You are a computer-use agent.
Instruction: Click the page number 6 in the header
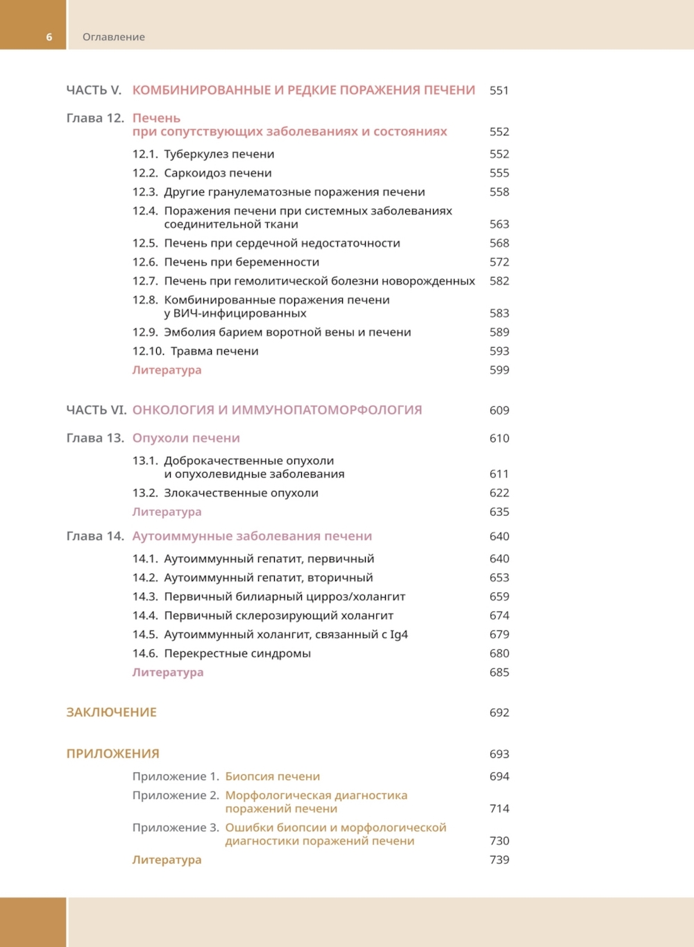pyautogui.click(x=49, y=37)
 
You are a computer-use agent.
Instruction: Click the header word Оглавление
pyautogui.click(x=114, y=37)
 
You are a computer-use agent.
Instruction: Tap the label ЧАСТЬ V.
pyautogui.click(x=94, y=90)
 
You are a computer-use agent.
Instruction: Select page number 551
pyautogui.click(x=499, y=90)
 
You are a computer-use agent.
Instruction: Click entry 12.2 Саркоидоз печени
pyautogui.click(x=217, y=173)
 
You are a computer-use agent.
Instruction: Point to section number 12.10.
pyautogui.click(x=149, y=351)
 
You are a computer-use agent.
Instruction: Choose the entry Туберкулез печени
pyautogui.click(x=219, y=154)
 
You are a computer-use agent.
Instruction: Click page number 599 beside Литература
pyautogui.click(x=499, y=370)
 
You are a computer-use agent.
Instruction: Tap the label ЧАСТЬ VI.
pyautogui.click(x=96, y=410)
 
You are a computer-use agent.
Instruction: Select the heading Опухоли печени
pyautogui.click(x=186, y=438)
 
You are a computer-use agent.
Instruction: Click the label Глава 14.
pyautogui.click(x=95, y=536)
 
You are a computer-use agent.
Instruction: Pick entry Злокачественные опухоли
pyautogui.click(x=241, y=493)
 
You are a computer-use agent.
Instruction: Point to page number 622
pyautogui.click(x=499, y=493)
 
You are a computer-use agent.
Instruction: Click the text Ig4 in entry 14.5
pyautogui.click(x=399, y=635)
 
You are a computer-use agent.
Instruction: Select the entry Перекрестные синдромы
pyautogui.click(x=237, y=653)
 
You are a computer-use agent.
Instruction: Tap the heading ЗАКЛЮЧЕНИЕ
pyautogui.click(x=112, y=712)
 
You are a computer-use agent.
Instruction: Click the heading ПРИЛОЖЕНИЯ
pyautogui.click(x=113, y=754)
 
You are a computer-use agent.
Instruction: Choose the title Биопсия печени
pyautogui.click(x=273, y=776)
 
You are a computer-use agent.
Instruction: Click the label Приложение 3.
pyautogui.click(x=176, y=828)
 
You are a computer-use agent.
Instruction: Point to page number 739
pyautogui.click(x=499, y=860)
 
